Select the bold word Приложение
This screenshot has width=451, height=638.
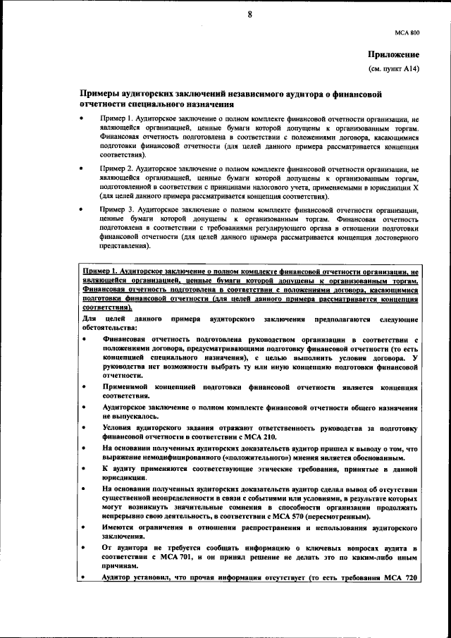[393, 55]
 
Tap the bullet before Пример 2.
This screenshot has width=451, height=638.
[82, 170]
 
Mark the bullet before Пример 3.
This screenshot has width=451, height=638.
[82, 210]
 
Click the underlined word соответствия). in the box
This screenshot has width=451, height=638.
[106, 308]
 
